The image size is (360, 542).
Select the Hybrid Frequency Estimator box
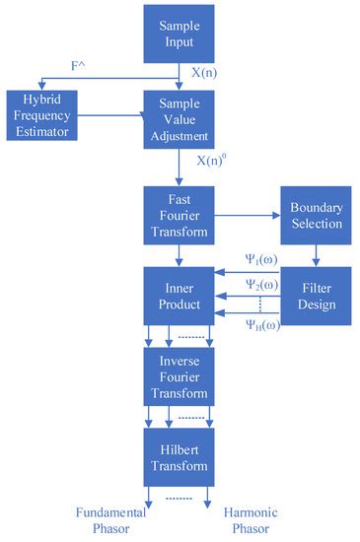tap(41, 114)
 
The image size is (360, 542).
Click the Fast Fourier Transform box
tap(179, 214)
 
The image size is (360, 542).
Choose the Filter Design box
tap(316, 295)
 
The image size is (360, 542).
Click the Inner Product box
tap(179, 296)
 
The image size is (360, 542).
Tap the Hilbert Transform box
tap(179, 454)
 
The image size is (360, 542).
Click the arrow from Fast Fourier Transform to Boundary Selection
tap(247, 214)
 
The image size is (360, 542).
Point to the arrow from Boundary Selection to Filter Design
tap(316, 256)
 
